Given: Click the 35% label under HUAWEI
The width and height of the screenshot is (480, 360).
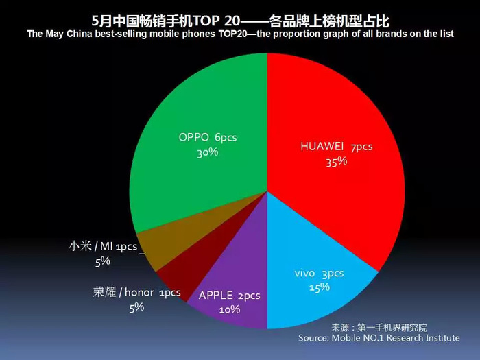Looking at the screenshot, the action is click(337, 162).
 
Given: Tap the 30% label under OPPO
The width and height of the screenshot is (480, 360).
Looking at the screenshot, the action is click(208, 152).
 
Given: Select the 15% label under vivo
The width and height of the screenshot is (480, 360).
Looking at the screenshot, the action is click(320, 287).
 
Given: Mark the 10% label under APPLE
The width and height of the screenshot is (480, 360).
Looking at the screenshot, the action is click(230, 309).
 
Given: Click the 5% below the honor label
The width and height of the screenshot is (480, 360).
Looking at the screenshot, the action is click(136, 307).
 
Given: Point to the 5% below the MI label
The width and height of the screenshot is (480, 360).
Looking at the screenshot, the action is click(103, 261).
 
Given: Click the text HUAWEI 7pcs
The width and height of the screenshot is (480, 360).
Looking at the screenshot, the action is click(337, 146).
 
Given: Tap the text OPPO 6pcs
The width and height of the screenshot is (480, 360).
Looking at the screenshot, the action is click(208, 137).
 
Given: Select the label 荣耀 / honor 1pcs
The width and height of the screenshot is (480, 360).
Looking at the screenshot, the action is click(136, 292).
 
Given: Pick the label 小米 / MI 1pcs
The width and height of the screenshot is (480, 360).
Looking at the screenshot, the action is click(103, 246).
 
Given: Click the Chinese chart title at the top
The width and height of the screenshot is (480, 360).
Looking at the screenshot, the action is click(240, 21).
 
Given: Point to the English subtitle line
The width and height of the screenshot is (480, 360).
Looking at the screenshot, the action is click(240, 34).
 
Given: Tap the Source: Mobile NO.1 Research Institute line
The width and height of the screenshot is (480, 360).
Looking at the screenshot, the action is click(379, 338).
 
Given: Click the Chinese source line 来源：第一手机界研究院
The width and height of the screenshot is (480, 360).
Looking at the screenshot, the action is click(379, 328).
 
